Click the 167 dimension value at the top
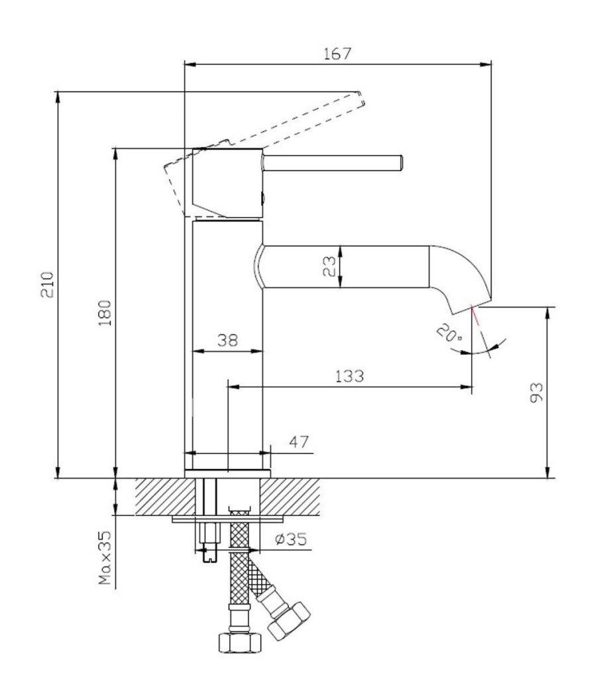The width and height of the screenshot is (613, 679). point(337,54)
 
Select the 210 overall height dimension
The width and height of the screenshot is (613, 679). point(47,284)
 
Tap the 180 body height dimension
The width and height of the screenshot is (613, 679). point(105,313)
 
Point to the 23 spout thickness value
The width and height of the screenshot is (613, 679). point(329,267)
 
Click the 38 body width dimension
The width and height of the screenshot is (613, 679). point(227,340)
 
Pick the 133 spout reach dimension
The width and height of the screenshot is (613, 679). point(349,376)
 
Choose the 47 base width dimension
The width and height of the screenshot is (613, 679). point(299,442)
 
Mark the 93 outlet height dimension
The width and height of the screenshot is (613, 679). point(536,393)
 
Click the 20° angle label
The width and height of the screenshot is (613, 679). point(449,334)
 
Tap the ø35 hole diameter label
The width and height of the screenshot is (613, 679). point(291,539)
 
